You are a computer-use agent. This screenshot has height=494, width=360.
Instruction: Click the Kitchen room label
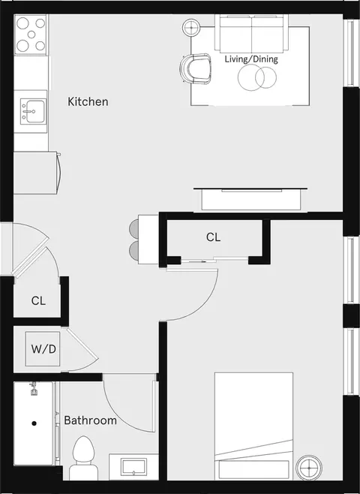(x=88, y=102)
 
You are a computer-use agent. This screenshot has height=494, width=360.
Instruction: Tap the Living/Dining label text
(x=251, y=59)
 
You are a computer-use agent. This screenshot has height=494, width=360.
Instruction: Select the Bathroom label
(x=90, y=420)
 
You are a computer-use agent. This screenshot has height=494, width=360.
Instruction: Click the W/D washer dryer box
(x=43, y=349)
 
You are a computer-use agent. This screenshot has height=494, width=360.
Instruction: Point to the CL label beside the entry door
(x=38, y=300)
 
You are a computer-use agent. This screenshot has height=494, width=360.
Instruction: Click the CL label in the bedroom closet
(x=213, y=237)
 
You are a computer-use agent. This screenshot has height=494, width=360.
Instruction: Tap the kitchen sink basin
(x=33, y=111)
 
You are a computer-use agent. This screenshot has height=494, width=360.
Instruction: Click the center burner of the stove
(x=31, y=35)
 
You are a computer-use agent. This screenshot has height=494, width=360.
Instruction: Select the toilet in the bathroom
(x=83, y=458)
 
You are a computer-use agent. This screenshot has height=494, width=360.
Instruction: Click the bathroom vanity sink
(x=134, y=467)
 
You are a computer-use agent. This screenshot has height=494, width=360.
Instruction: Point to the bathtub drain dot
(x=34, y=423)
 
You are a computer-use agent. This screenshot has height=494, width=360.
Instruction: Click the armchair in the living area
(x=196, y=68)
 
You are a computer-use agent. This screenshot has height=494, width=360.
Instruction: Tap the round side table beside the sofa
(x=192, y=27)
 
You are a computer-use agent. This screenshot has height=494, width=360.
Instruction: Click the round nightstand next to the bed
(x=309, y=468)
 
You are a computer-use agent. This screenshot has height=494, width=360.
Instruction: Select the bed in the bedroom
(x=254, y=426)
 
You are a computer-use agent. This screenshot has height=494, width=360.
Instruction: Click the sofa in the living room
(x=252, y=33)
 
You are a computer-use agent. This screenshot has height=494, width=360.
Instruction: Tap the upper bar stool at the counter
(x=134, y=227)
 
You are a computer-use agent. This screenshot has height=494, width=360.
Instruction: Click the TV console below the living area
(x=250, y=199)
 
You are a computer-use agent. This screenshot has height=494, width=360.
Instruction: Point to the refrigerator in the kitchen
(x=37, y=173)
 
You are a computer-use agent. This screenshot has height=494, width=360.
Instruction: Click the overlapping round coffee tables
(x=257, y=77)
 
